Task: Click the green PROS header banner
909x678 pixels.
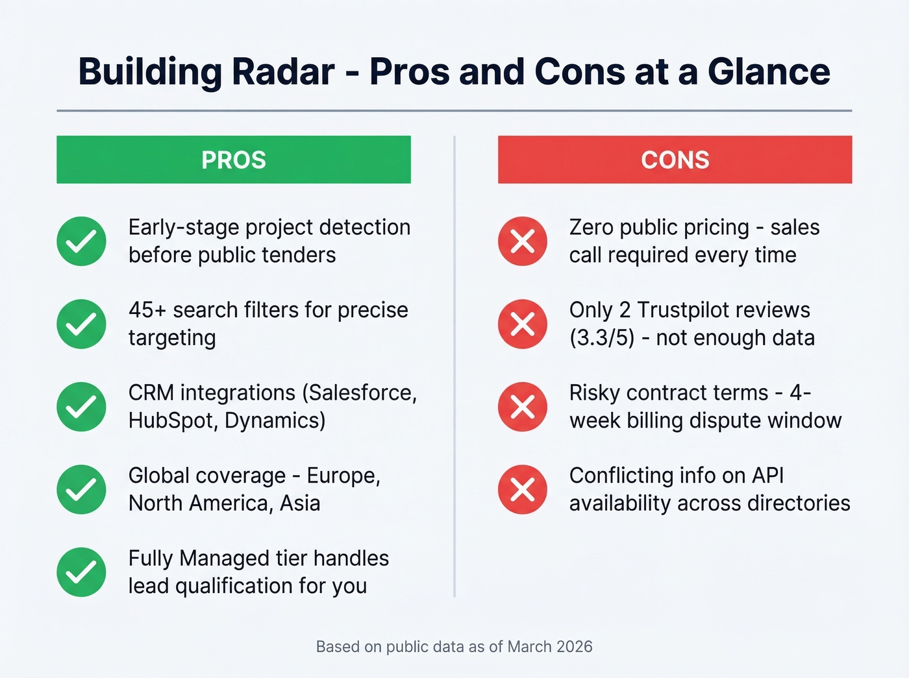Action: pos(233,160)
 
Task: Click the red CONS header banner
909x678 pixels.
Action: pos(675,160)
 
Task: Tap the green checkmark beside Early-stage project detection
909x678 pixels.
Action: pos(81,241)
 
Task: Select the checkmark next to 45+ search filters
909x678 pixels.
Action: pos(81,324)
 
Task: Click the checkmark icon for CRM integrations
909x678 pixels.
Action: pos(81,407)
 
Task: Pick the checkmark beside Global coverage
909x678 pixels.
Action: pos(81,489)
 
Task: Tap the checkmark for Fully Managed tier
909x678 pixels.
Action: pos(81,572)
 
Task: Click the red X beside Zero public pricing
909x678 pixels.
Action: pos(523,241)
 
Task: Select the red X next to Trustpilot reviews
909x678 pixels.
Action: pos(523,324)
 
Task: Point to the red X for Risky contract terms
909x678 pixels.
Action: pos(523,407)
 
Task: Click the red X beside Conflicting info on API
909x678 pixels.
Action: pos(523,489)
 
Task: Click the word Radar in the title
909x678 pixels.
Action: pos(283,71)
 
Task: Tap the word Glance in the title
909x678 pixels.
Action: pos(769,71)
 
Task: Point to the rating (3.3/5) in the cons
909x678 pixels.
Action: pos(602,338)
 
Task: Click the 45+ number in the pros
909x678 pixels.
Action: pos(147,310)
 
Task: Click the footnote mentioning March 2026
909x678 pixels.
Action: pos(454,646)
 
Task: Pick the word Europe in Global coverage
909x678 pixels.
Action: pos(343,476)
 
